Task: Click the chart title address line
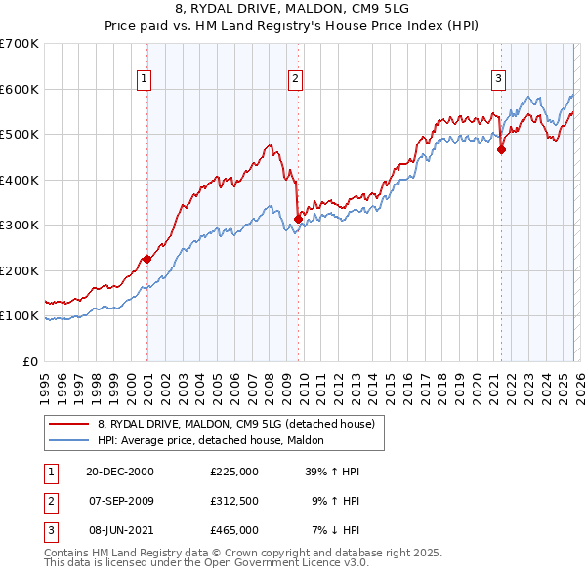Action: coord(293,9)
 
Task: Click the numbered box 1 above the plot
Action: coord(144,79)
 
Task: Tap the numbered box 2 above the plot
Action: coord(295,79)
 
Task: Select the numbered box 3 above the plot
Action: coord(498,79)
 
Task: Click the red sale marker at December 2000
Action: coord(146,259)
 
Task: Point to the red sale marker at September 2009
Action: coord(298,220)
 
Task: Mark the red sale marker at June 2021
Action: coord(501,150)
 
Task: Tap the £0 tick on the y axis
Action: coord(31,361)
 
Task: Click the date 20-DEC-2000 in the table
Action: coord(120,472)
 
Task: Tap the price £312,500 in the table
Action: coord(234,501)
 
